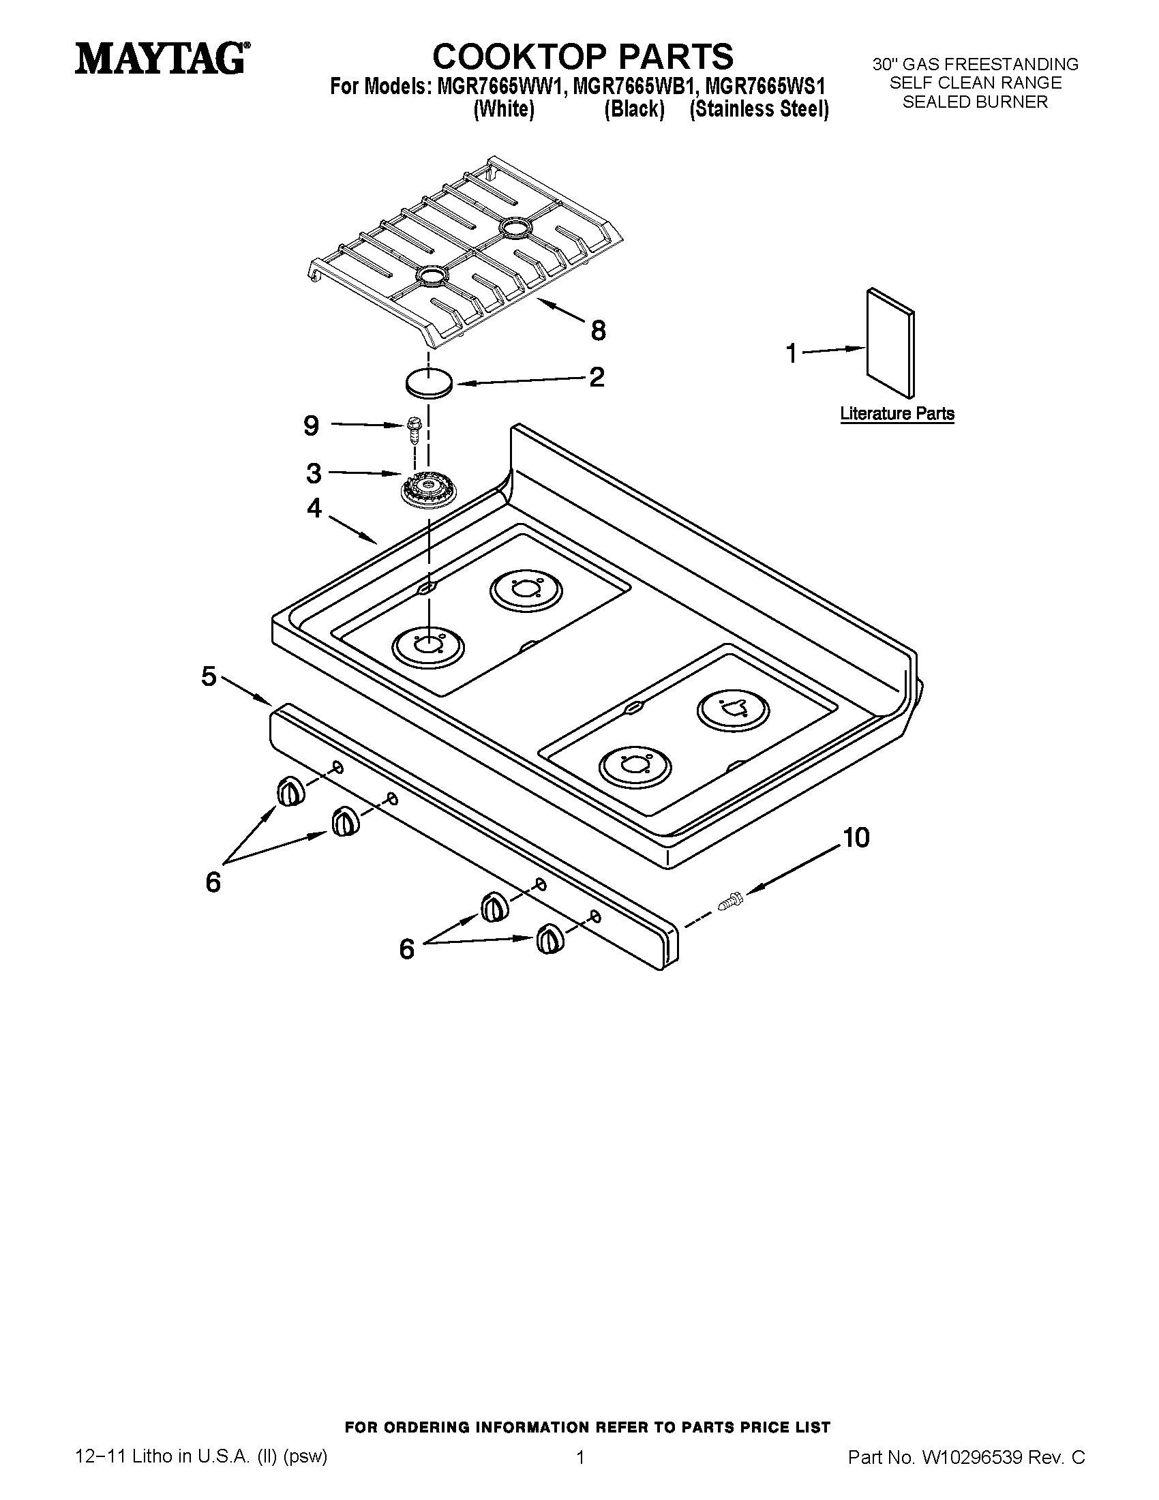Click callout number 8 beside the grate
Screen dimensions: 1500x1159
tap(598, 331)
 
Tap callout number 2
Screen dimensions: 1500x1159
tap(597, 377)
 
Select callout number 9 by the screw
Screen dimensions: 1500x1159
tap(311, 426)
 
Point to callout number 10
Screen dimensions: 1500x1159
tap(856, 837)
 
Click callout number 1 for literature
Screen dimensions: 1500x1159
tap(792, 354)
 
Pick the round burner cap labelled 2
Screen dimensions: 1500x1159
tap(429, 382)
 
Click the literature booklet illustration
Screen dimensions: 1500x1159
tap(890, 343)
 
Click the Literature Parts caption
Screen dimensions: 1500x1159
tap(897, 413)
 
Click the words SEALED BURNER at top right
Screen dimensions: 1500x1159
tap(975, 102)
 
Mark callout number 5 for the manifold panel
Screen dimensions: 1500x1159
tap(209, 676)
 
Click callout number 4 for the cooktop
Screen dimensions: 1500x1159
tap(314, 508)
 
